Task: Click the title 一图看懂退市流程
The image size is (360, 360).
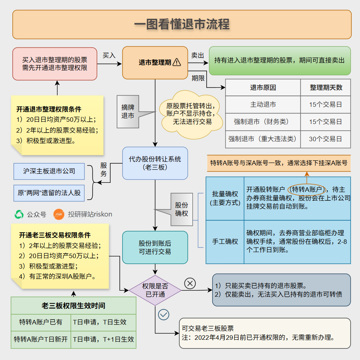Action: pyautogui.click(x=182, y=24)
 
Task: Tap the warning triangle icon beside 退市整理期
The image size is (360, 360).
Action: pyautogui.click(x=177, y=63)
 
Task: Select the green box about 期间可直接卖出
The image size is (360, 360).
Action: pyautogui.click(x=279, y=60)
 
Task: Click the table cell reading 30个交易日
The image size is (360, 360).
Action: pyautogui.click(x=325, y=139)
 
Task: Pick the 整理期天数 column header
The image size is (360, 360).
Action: pyautogui.click(x=325, y=88)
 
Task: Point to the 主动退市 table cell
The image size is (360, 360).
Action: pyautogui.click(x=263, y=105)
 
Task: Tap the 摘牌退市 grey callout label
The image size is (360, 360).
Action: pyautogui.click(x=128, y=112)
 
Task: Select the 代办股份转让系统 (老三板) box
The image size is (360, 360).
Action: pyautogui.click(x=155, y=163)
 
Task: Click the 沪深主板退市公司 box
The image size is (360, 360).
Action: pyautogui.click(x=49, y=171)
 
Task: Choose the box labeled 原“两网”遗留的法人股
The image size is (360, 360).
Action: pyautogui.click(x=49, y=193)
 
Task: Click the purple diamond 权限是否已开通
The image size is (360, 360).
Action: pyautogui.click(x=155, y=290)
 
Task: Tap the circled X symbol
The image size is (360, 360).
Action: pyautogui.click(x=190, y=284)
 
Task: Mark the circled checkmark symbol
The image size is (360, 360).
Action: pyautogui.click(x=163, y=315)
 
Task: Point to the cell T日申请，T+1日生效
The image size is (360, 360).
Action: pyautogui.click(x=103, y=339)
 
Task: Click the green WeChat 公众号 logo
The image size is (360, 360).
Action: pyautogui.click(x=19, y=214)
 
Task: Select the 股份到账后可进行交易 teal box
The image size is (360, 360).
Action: pyautogui.click(x=155, y=248)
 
